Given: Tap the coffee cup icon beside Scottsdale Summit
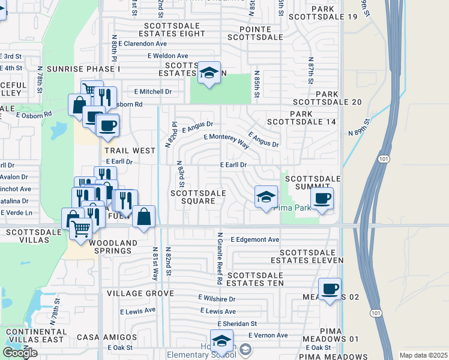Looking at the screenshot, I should (322, 198).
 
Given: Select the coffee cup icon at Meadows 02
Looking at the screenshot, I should (329, 289).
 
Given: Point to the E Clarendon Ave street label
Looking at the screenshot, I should (142, 44).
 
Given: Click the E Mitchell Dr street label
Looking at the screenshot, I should (153, 92).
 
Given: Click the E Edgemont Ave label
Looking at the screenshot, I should (255, 239).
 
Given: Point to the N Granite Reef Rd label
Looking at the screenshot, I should (220, 259).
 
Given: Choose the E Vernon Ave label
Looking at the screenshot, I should (267, 335).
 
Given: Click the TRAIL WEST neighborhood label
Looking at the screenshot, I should (126, 151).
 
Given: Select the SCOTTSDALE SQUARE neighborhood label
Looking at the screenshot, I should (198, 197).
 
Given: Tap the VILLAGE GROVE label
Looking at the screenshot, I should (140, 294).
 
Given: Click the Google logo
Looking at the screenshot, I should (20, 353).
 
